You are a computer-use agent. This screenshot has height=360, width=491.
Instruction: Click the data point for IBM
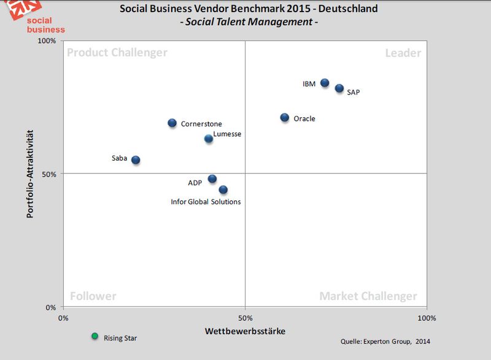[x=325, y=83]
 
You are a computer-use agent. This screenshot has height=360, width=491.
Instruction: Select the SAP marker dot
[x=339, y=88]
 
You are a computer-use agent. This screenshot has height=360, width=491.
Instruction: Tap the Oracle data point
[x=285, y=117]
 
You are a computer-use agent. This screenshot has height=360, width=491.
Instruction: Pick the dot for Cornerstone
[x=172, y=123]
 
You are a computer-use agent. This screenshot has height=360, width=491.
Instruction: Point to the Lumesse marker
[x=209, y=139]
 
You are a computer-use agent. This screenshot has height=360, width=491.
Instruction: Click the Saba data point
[x=136, y=160]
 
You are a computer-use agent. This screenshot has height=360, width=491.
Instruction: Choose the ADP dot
[x=212, y=179]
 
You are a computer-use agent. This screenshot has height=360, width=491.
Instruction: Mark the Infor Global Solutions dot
[x=223, y=190]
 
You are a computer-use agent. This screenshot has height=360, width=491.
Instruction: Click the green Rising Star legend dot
[x=95, y=335]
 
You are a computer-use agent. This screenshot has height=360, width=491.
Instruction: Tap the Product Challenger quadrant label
[x=117, y=53]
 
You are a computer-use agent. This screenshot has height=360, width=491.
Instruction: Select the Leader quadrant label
[x=403, y=53]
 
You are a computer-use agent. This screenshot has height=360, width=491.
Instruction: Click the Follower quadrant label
[x=93, y=296]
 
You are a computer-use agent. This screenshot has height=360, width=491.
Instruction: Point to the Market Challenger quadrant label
[x=368, y=296]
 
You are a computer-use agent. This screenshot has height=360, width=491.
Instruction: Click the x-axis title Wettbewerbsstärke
[x=244, y=331]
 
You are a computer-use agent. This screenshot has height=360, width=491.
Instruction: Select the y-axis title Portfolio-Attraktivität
[x=30, y=174]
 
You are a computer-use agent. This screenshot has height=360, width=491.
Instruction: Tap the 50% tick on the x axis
[x=245, y=318]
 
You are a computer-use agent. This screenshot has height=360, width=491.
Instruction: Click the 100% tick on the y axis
[x=47, y=41]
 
